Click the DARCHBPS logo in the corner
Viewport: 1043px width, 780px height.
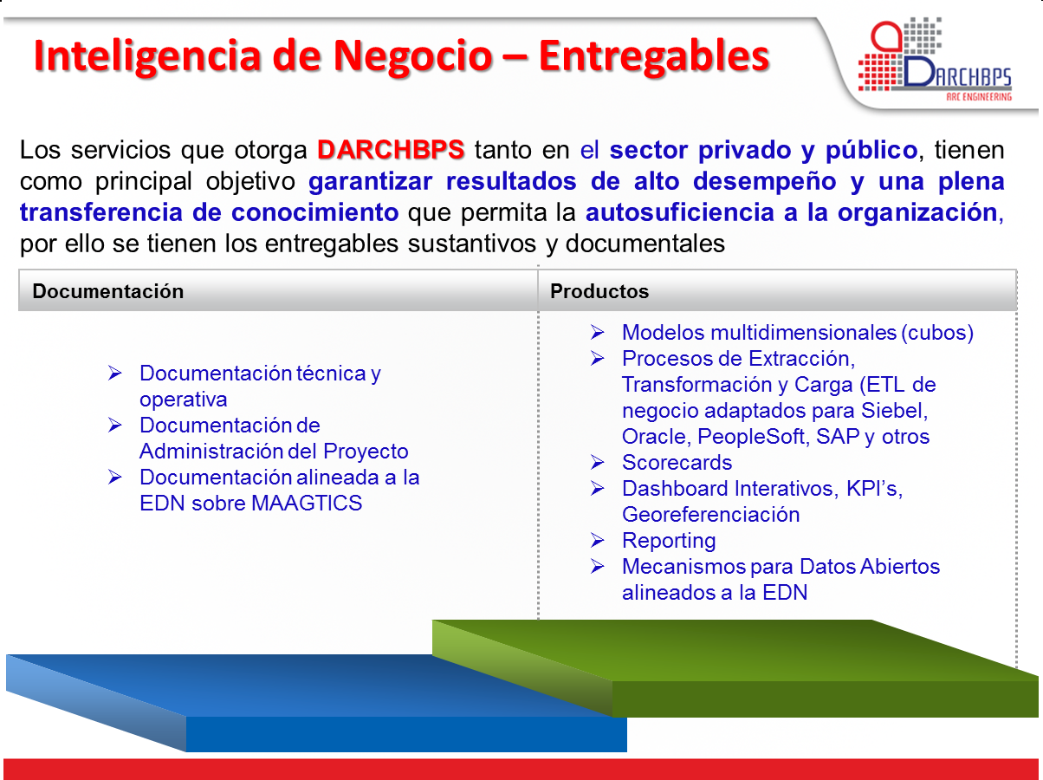(935, 60)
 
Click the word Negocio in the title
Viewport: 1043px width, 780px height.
(412, 55)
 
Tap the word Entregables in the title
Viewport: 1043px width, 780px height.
(654, 55)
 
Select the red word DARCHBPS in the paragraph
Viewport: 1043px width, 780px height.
(391, 150)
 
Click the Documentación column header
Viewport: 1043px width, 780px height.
(108, 291)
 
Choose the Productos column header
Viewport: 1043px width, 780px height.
(599, 291)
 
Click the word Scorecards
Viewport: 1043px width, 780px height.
(677, 463)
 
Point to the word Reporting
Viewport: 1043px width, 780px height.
(669, 541)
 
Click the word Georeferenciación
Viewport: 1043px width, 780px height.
(711, 515)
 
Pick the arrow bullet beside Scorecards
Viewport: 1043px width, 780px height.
(597, 462)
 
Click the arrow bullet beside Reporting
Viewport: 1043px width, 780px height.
(597, 540)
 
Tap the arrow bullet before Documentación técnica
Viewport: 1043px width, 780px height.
(114, 373)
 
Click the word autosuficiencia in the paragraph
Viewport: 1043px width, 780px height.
(679, 212)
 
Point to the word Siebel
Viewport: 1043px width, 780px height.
(894, 411)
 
